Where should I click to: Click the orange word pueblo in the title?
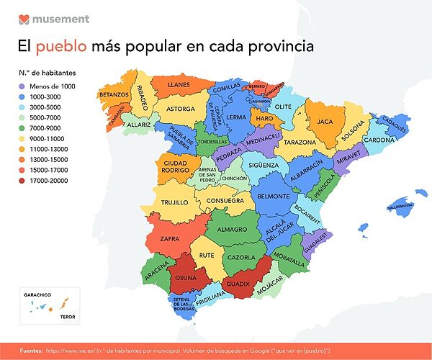[x=61, y=47]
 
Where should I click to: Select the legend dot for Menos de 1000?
[x=22, y=86]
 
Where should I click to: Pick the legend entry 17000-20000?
[x=48, y=181]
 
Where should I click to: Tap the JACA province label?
[x=325, y=122]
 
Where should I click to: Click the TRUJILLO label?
[x=174, y=202]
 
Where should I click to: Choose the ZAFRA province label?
[x=170, y=237]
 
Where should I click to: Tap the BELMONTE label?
[x=274, y=196]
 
